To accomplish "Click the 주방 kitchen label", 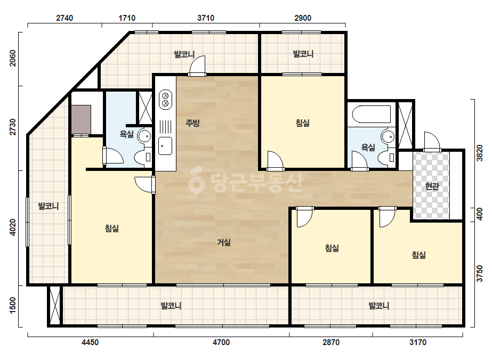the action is coord(192,122).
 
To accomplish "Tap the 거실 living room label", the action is coord(224,242).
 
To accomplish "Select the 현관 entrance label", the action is coord(432,186).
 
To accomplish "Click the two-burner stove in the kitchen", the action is coord(165,100).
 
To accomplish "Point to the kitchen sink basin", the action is coord(165,146).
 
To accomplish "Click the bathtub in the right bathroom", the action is coord(371,114).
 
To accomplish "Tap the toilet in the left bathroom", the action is coord(143,157).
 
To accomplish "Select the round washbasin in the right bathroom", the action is coord(388,137).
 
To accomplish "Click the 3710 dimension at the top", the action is coord(206,18).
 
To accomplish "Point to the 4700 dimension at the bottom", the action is coord(221,342).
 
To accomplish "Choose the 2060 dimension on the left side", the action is coord(13,59).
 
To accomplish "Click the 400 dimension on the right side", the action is coord(479,214).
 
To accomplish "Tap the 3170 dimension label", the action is coord(418,342).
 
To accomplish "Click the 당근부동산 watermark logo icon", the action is coord(196,180).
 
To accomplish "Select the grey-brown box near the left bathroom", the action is coord(81,119).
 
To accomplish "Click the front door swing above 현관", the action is coord(432,142).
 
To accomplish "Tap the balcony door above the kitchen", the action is coord(197,66).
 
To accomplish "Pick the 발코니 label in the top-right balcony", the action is coord(303,54).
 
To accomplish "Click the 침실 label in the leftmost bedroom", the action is coord(112,228).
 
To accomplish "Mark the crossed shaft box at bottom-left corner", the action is coord(55,305).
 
